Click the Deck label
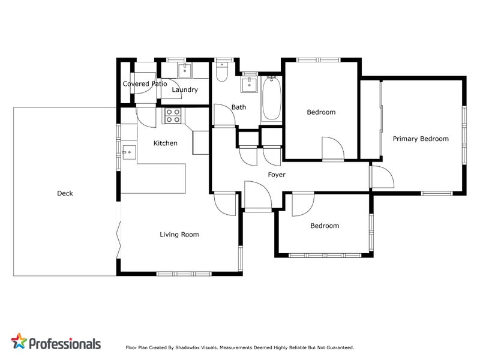coord(65,193)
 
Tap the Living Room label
coord(179,235)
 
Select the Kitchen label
coord(165,143)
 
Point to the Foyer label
coord(277,175)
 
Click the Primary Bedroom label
coord(421,139)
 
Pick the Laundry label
coord(184,90)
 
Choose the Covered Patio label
coord(145,84)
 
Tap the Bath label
coord(239,107)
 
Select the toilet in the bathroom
coord(222,72)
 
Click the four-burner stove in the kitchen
coord(173,115)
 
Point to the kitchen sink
coord(128,152)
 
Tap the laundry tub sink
coord(184,70)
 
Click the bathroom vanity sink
coord(250,85)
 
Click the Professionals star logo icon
coord(19,342)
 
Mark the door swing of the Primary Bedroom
coord(381,178)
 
